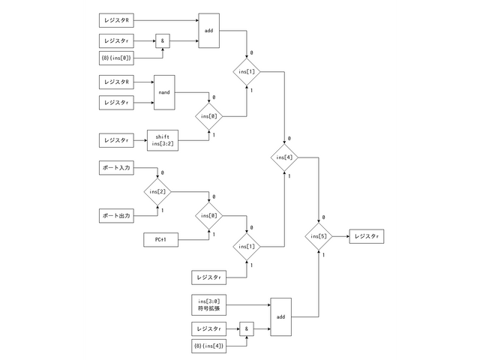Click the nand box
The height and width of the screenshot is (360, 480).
tap(164, 91)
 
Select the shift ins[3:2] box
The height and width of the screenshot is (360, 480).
tap(162, 139)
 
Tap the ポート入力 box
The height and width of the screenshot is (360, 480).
tap(115, 169)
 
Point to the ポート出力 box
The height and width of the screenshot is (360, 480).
tap(115, 216)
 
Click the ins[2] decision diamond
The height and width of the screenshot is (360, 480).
tap(157, 192)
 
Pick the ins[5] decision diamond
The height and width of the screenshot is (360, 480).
tap(320, 237)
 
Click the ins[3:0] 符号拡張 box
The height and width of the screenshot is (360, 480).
tap(209, 304)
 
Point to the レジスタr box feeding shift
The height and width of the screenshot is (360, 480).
tap(115, 139)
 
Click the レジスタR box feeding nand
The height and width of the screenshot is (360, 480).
tap(115, 80)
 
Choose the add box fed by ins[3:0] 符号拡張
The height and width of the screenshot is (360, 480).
tap(280, 317)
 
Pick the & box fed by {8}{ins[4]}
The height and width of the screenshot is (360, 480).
tap(246, 328)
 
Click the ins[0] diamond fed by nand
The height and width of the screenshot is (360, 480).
tap(208, 116)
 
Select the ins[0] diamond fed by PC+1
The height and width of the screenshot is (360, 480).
tap(208, 216)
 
